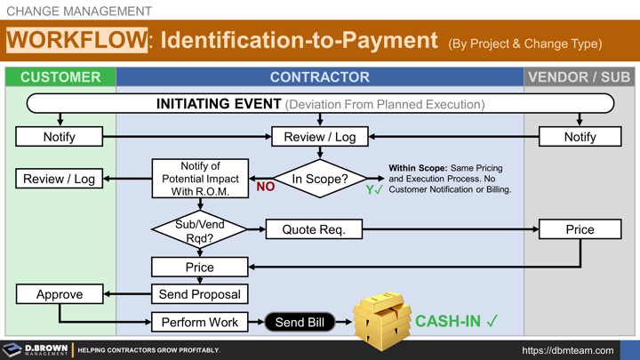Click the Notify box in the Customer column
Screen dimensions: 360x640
(x=60, y=137)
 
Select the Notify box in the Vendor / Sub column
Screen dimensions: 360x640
(x=580, y=137)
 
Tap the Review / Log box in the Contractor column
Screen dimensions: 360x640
(x=319, y=137)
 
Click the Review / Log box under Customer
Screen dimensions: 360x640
(x=60, y=179)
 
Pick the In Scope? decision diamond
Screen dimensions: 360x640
(x=319, y=179)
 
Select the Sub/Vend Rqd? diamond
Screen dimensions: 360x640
(x=199, y=230)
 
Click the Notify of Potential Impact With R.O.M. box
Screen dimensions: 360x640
(x=199, y=179)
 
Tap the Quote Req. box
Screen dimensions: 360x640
(x=314, y=229)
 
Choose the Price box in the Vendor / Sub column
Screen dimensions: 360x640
(x=580, y=229)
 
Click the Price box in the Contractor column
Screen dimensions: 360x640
(x=199, y=267)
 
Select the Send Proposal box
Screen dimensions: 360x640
(x=199, y=294)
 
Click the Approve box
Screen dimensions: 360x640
(x=60, y=294)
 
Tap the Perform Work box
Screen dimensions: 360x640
(x=199, y=322)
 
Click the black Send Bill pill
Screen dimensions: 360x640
(x=300, y=322)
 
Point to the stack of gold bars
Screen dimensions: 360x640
(x=381, y=319)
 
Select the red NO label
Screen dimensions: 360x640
(x=265, y=188)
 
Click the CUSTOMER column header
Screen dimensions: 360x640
(x=60, y=76)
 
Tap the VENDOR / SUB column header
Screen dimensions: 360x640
(x=579, y=76)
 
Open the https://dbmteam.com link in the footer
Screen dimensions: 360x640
(x=567, y=350)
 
